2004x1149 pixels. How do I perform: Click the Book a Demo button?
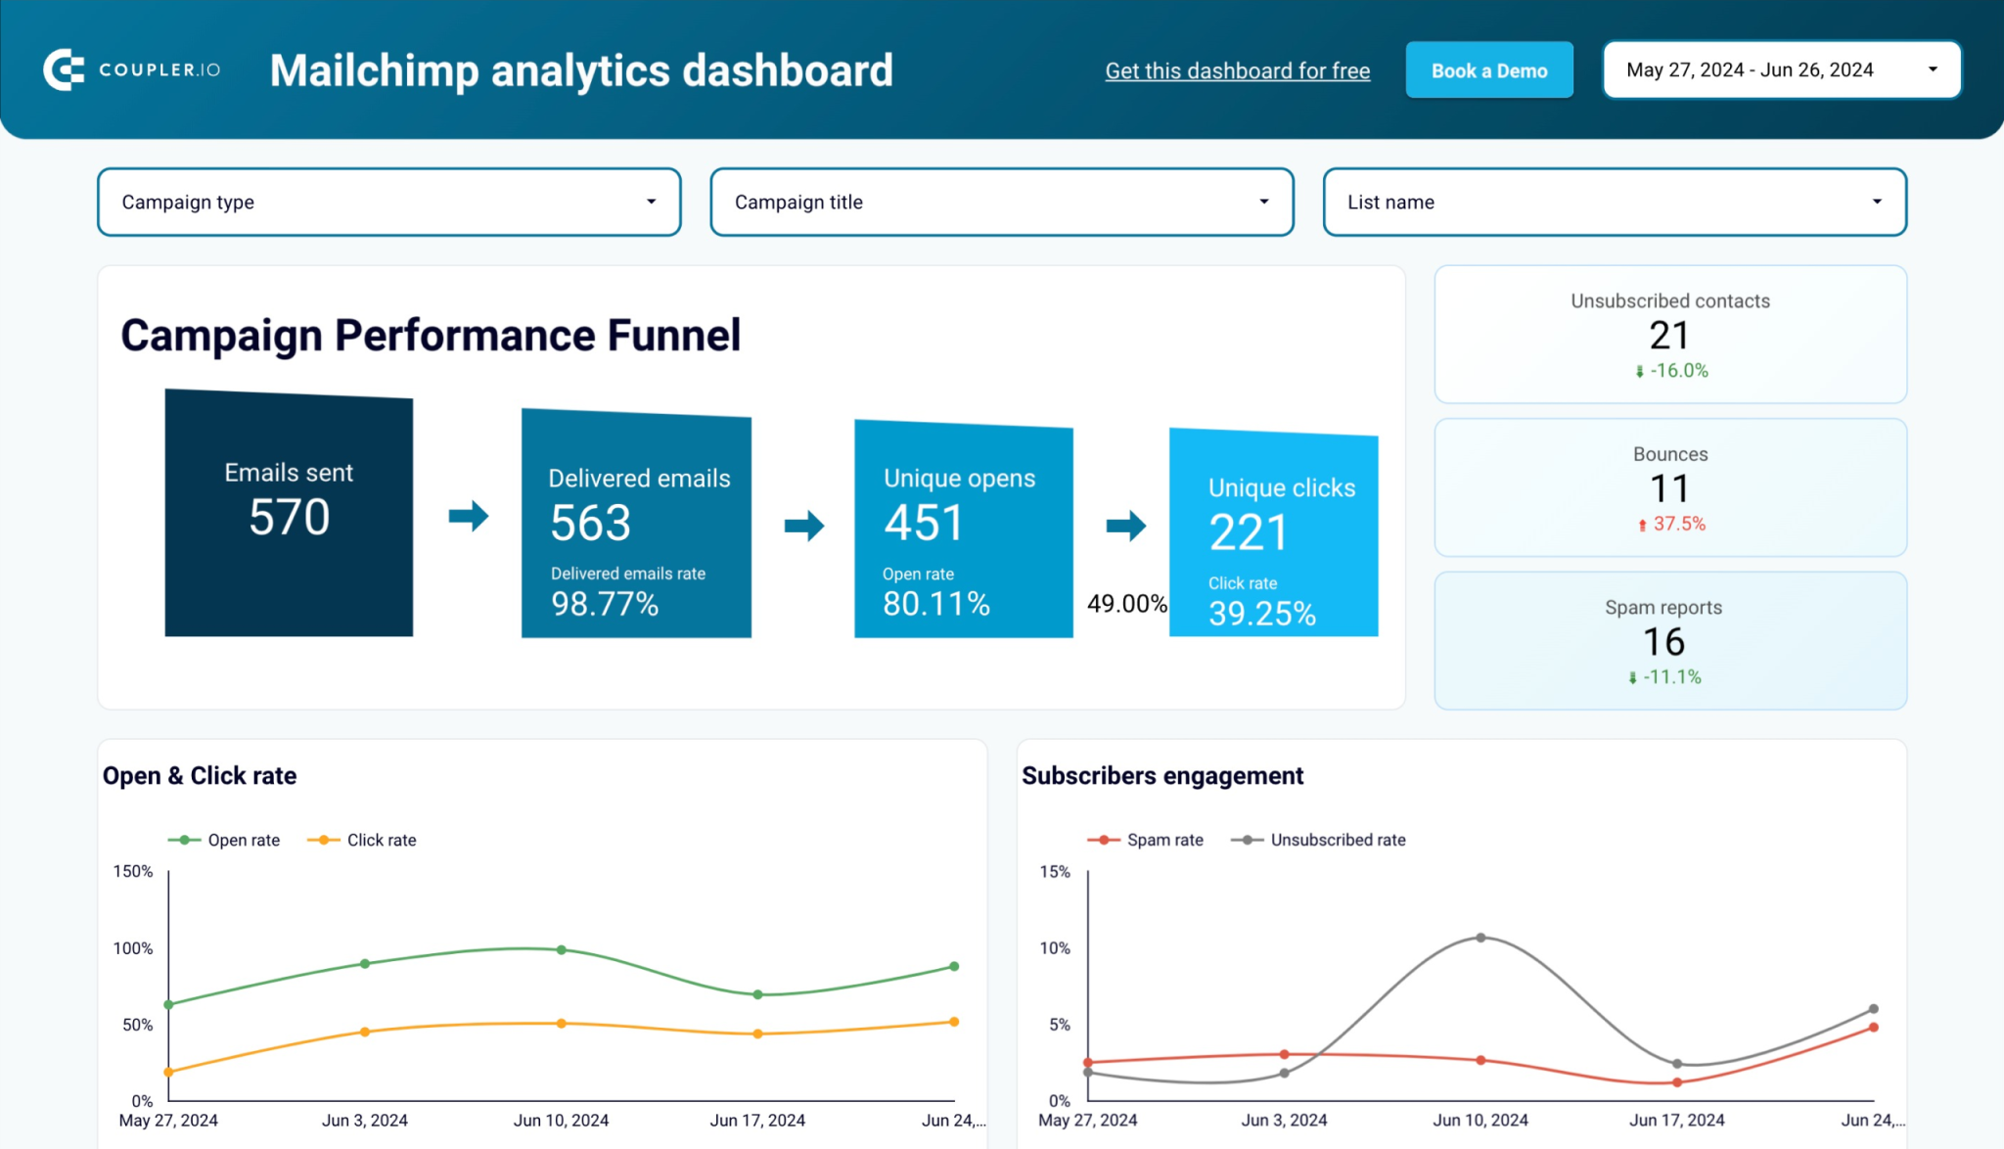coord(1488,70)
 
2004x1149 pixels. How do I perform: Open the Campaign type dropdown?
coord(388,202)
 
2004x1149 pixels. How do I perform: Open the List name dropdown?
coord(1614,202)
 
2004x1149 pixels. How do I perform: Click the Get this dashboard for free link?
coord(1237,70)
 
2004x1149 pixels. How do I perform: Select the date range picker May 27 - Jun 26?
coord(1780,70)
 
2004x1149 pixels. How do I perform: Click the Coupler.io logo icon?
coord(64,69)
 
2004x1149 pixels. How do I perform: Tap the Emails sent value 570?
coord(289,517)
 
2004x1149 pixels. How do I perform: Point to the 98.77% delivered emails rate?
coord(605,604)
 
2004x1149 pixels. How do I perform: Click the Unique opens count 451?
coord(924,523)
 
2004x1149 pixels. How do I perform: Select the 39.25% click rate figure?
coord(1261,614)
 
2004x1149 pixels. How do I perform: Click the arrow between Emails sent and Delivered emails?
coord(468,516)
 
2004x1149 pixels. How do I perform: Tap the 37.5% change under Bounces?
coord(1678,524)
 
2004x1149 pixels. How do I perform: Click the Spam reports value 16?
coord(1663,642)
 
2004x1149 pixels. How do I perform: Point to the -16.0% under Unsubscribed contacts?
coord(1678,371)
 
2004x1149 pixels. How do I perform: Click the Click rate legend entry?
coord(364,840)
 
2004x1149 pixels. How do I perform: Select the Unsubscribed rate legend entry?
coord(1320,840)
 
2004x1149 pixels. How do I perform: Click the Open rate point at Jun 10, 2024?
coord(562,949)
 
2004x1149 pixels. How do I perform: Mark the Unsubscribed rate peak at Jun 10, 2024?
coord(1480,938)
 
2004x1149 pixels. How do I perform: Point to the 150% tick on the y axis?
coord(133,871)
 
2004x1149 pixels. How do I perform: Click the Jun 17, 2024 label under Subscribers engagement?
coord(1676,1120)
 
